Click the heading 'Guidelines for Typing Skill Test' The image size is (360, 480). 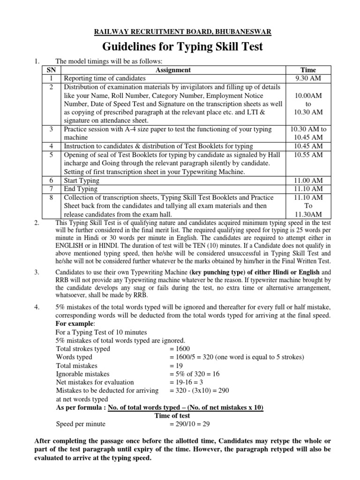180,47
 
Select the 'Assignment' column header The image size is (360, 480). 173,70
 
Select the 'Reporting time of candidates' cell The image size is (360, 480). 105,78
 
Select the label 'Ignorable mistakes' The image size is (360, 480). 82,374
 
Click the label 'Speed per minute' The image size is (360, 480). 81,424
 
